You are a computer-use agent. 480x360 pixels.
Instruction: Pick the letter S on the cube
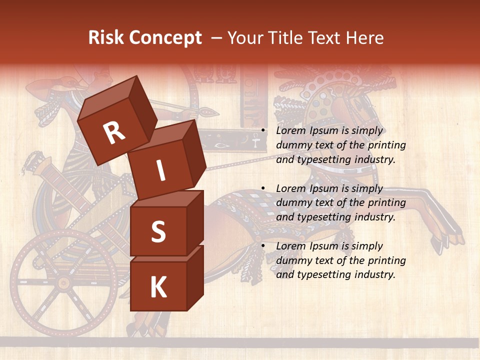[158, 231]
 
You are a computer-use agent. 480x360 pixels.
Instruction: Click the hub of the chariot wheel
[63, 283]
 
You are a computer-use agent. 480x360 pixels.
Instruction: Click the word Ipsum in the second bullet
[323, 189]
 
